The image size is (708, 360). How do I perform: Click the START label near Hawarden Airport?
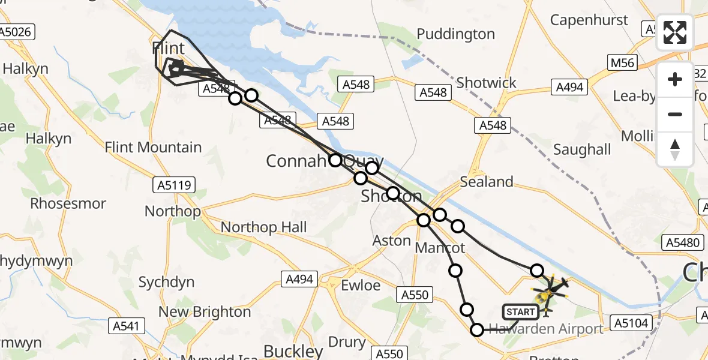point(520,312)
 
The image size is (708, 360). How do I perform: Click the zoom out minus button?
point(675,114)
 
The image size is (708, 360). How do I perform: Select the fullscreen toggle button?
point(675,32)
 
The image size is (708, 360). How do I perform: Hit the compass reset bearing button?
point(675,149)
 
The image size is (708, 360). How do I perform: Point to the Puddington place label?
point(456,34)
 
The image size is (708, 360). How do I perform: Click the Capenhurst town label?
point(589,20)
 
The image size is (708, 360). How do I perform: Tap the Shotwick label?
point(486,82)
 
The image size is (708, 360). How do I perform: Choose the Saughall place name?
point(582,149)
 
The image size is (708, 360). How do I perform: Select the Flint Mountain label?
point(154,147)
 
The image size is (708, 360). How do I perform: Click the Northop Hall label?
point(264,227)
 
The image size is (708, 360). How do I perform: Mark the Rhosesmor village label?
point(68,203)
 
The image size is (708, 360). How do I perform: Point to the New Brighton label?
point(205,312)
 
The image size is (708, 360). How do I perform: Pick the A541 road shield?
point(127,326)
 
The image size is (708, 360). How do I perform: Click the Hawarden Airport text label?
point(546,329)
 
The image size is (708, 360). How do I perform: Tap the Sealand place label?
point(487,182)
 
